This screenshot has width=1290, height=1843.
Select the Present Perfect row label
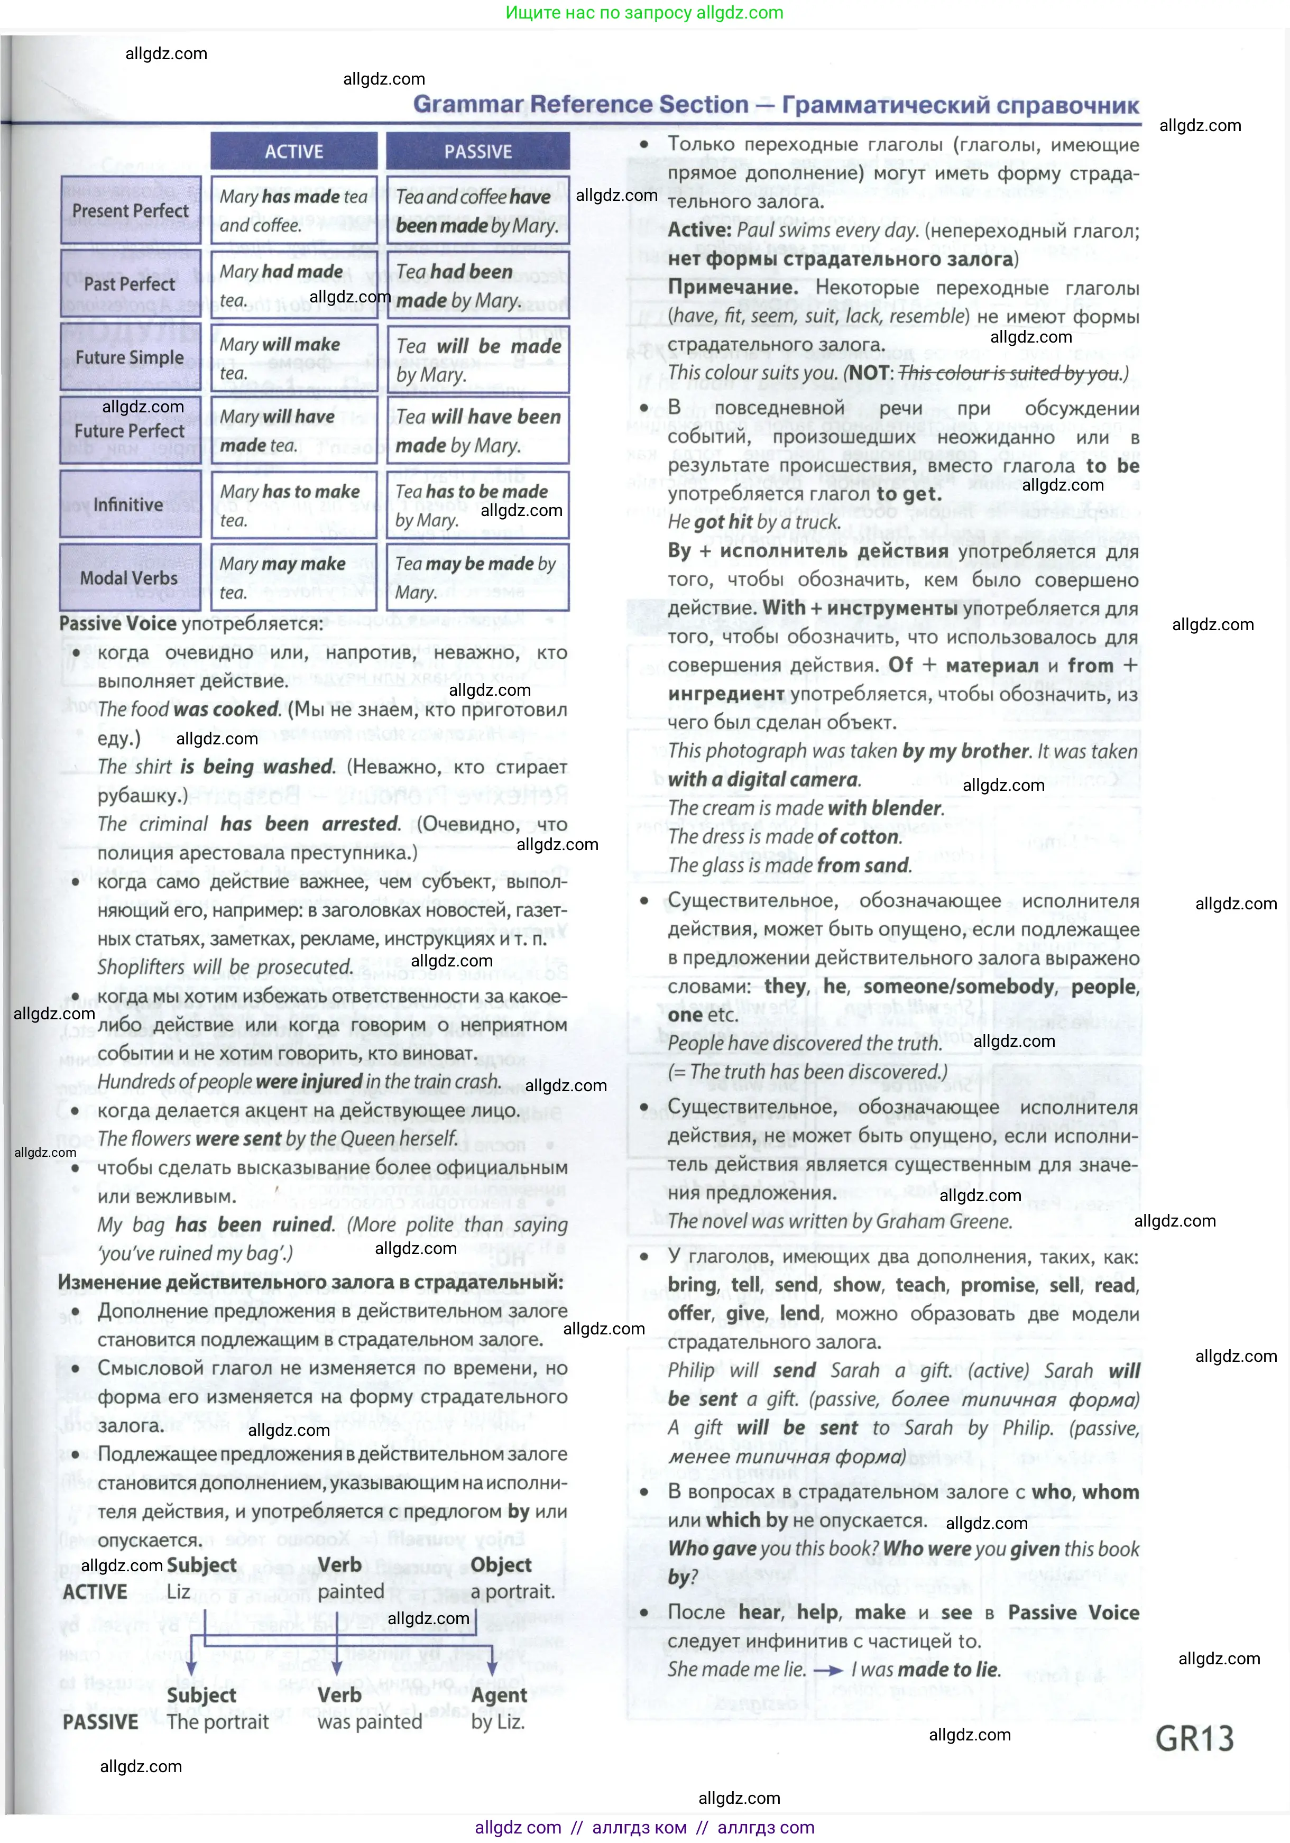pos(130,211)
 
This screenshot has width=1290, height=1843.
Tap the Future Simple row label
pos(130,358)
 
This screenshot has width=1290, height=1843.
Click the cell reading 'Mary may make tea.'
pos(293,578)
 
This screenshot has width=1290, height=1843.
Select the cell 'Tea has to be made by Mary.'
pos(477,505)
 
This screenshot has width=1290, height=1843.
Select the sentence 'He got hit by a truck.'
pos(754,522)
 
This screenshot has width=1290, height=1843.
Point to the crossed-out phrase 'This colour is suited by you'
pos(1009,373)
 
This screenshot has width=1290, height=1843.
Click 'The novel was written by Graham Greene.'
pos(840,1221)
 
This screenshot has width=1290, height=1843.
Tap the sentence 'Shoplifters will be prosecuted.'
pos(225,967)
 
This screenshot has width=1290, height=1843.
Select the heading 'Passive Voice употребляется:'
pos(191,624)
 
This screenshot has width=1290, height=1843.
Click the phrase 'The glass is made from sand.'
pos(789,865)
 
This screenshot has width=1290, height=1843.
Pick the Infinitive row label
pos(128,505)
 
